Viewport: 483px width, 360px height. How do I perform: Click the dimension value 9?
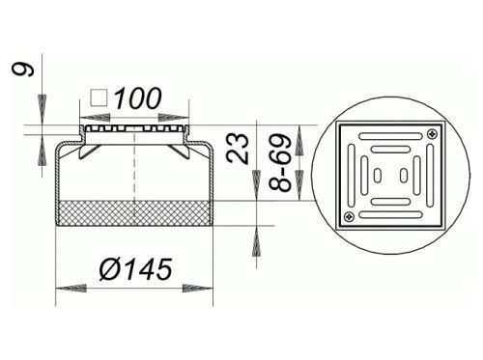coord(23,69)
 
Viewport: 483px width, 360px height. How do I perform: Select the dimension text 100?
coord(138,98)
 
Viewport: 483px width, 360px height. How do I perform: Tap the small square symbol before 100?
coord(99,97)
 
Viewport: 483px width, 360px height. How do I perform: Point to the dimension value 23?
coord(239,149)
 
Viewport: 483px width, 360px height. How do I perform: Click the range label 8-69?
coord(280,163)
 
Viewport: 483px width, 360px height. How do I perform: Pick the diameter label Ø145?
coord(135,269)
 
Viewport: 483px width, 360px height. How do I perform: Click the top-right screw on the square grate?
coord(433,133)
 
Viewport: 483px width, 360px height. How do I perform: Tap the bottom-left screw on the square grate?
coord(349,217)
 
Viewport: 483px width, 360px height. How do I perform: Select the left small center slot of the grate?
coord(378,176)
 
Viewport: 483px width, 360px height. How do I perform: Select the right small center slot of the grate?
coord(404,176)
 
